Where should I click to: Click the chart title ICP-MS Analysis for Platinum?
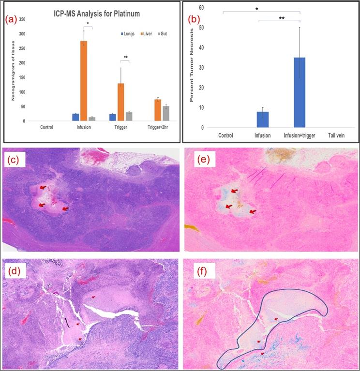point(96,14)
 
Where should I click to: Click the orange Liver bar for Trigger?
point(121,102)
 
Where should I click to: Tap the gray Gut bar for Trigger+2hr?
point(165,114)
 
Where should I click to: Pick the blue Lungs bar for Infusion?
point(75,117)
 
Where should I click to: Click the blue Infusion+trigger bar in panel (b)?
point(300,92)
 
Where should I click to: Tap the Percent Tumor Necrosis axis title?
point(192,67)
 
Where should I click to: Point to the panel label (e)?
point(197,160)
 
